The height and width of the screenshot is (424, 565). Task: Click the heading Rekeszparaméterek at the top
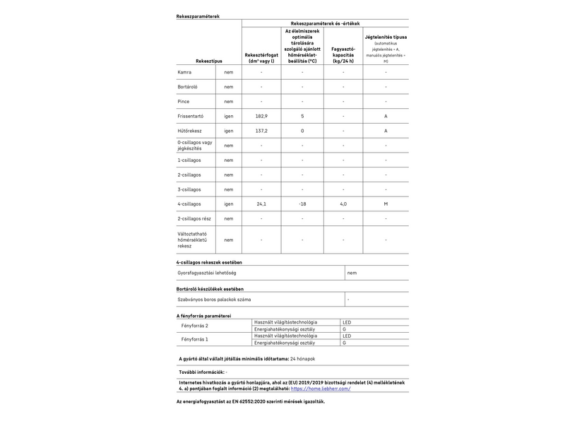click(198, 16)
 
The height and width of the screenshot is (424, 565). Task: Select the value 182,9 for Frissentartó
click(261, 116)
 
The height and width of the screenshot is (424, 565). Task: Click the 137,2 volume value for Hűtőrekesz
click(261, 131)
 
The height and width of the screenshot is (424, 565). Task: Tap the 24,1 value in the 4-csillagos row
click(261, 204)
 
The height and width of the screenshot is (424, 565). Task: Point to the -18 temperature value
click(302, 204)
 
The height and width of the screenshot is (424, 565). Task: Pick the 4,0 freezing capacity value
click(343, 204)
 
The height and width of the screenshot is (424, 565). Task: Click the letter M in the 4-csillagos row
click(386, 204)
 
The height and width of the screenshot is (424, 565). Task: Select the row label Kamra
click(185, 72)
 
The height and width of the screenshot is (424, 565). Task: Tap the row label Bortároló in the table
click(189, 87)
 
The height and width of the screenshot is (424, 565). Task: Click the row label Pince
click(184, 101)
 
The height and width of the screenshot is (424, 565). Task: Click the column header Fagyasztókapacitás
click(343, 52)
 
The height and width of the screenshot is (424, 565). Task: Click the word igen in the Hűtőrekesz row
click(229, 131)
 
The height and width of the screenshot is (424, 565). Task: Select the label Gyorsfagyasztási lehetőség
click(206, 273)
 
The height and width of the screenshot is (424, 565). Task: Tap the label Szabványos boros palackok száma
click(214, 300)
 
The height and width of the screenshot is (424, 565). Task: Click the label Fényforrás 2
click(196, 326)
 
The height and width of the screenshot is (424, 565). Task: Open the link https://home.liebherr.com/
click(321, 388)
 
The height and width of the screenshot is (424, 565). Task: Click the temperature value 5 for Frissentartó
click(302, 116)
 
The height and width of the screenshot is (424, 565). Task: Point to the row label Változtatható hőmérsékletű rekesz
click(192, 240)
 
